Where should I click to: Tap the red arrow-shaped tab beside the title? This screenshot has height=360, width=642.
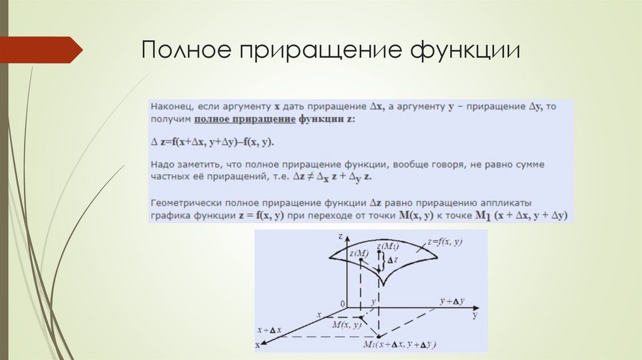coord(41,50)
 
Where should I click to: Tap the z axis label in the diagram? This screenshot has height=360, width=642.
coord(339,236)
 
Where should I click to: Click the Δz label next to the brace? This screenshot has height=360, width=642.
coord(391,260)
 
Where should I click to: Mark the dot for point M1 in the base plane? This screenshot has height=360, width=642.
coord(379,336)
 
